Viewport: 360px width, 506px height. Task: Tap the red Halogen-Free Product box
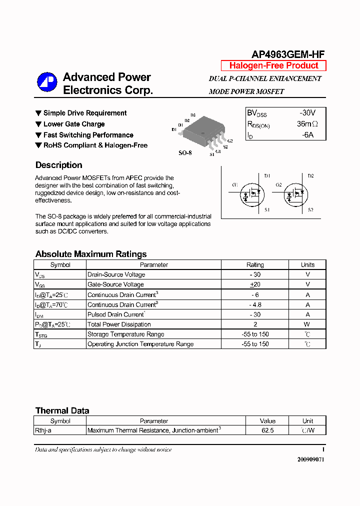[x=273, y=65]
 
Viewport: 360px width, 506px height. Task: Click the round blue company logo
[x=47, y=82]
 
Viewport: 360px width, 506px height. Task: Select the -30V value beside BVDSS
[x=307, y=113]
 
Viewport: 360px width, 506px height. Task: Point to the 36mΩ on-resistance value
[x=307, y=124]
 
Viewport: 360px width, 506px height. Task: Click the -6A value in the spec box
[x=307, y=135]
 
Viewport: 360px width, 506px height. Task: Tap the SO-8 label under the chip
[x=185, y=152]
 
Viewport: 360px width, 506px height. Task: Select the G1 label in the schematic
[x=235, y=185]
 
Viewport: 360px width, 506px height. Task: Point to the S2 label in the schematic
[x=310, y=210]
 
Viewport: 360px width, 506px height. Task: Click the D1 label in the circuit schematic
[x=267, y=176]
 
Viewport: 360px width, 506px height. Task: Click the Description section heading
[x=59, y=165]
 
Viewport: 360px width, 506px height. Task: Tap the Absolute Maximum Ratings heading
[x=91, y=254]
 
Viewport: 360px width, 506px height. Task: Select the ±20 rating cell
[x=255, y=284]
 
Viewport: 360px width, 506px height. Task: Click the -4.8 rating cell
[x=255, y=304]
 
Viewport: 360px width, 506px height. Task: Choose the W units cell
[x=307, y=324]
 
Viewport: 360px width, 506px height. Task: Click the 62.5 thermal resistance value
[x=267, y=430]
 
